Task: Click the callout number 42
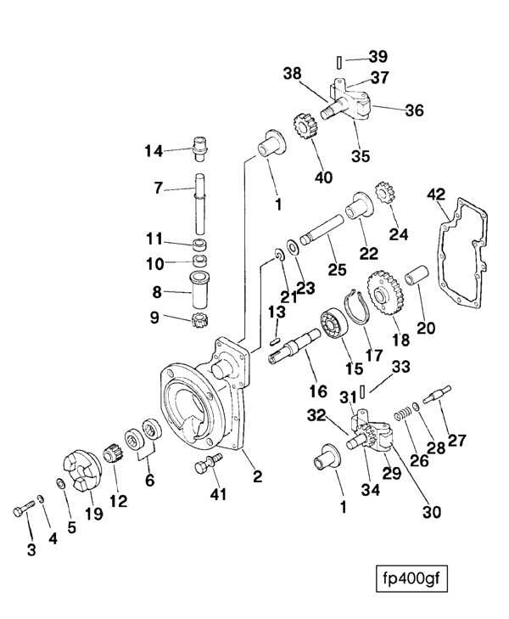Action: tap(435, 194)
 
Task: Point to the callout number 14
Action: tap(153, 151)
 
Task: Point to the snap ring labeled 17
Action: tap(360, 306)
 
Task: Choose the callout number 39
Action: tap(378, 57)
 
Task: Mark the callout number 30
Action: tap(433, 512)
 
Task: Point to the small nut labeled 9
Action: tap(204, 321)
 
